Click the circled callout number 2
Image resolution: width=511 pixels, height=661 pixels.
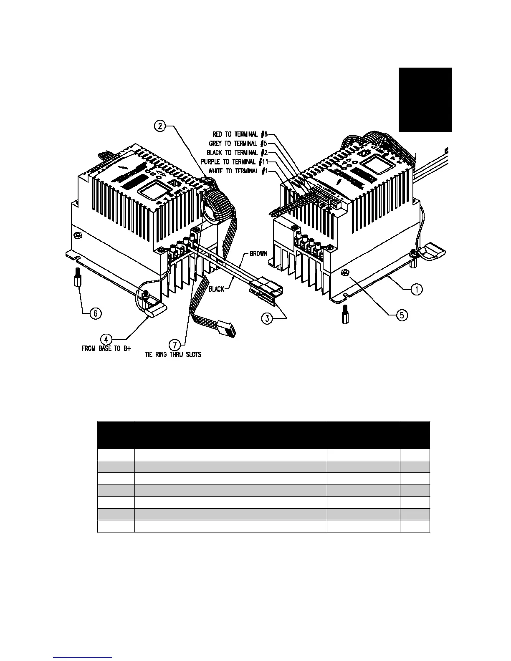pos(160,125)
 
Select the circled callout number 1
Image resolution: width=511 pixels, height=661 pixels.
pos(416,289)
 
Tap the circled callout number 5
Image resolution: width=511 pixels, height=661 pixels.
pos(402,315)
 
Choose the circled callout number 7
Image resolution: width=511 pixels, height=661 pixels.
pos(175,345)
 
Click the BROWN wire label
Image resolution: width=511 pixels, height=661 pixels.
pos(258,253)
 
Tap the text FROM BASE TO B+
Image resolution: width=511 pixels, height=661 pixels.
pos(106,349)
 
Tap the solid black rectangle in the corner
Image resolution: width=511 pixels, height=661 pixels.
pos(425,100)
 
